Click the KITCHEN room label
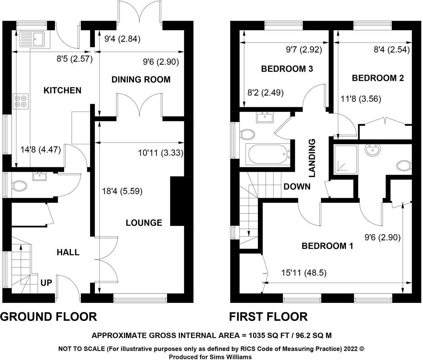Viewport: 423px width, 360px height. pyautogui.click(x=62, y=90)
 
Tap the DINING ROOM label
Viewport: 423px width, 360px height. pyautogui.click(x=141, y=80)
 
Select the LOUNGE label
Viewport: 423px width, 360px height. pyautogui.click(x=144, y=223)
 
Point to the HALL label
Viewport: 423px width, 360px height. pyautogui.click(x=68, y=252)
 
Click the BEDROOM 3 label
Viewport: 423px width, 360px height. pyautogui.click(x=287, y=69)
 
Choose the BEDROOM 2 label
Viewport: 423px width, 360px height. pyautogui.click(x=378, y=78)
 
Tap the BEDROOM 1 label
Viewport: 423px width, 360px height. pyautogui.click(x=327, y=246)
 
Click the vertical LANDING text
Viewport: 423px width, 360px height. pyautogui.click(x=312, y=158)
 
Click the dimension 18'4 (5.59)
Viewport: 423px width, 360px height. pyautogui.click(x=122, y=191)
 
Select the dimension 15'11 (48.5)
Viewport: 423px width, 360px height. pyautogui.click(x=304, y=273)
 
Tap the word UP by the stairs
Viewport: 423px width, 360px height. pyautogui.click(x=46, y=283)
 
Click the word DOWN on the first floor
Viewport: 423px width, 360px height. pyautogui.click(x=297, y=187)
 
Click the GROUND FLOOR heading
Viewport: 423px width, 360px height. pyautogui.click(x=48, y=316)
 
